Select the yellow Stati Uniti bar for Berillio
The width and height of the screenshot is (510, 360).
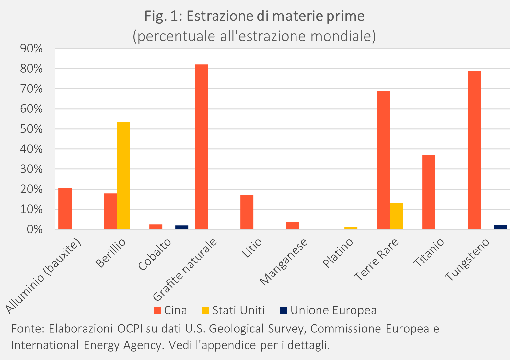123,175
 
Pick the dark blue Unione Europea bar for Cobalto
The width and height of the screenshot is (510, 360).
182,227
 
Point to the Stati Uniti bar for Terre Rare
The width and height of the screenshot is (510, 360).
396,216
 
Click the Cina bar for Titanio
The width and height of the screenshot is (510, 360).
429,192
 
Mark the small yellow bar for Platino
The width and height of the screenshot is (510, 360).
351,228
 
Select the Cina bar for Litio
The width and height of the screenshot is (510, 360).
247,212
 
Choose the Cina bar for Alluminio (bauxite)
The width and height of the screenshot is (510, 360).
65,208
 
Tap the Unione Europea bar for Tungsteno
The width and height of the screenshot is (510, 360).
500,227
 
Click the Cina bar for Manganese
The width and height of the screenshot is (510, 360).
292,225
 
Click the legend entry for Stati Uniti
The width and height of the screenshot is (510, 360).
233,310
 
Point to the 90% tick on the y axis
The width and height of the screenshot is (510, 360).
31,49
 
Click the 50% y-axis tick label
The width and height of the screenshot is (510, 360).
31,129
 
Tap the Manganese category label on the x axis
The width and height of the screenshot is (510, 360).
284,262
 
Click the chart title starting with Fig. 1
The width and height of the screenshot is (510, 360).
255,16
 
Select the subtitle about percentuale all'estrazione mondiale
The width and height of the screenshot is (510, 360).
255,36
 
